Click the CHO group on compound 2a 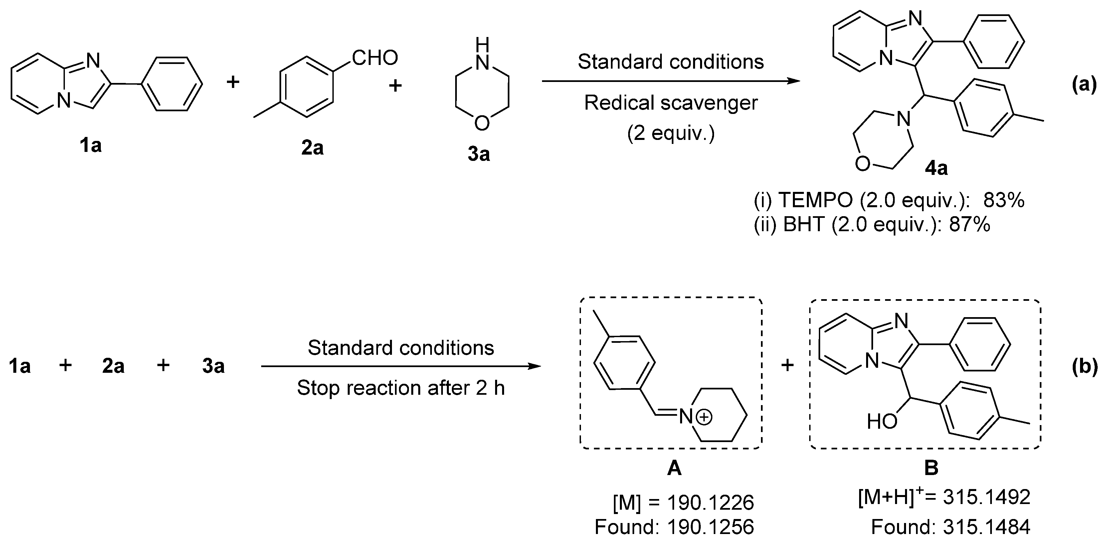[375, 58]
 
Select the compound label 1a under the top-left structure [90, 146]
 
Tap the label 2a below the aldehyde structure [312, 148]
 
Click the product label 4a [936, 168]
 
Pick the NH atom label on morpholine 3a [482, 56]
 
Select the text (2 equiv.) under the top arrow [671, 134]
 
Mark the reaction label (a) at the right [1084, 85]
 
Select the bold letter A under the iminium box [674, 468]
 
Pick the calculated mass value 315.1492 [987, 497]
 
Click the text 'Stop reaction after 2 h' [401, 388]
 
